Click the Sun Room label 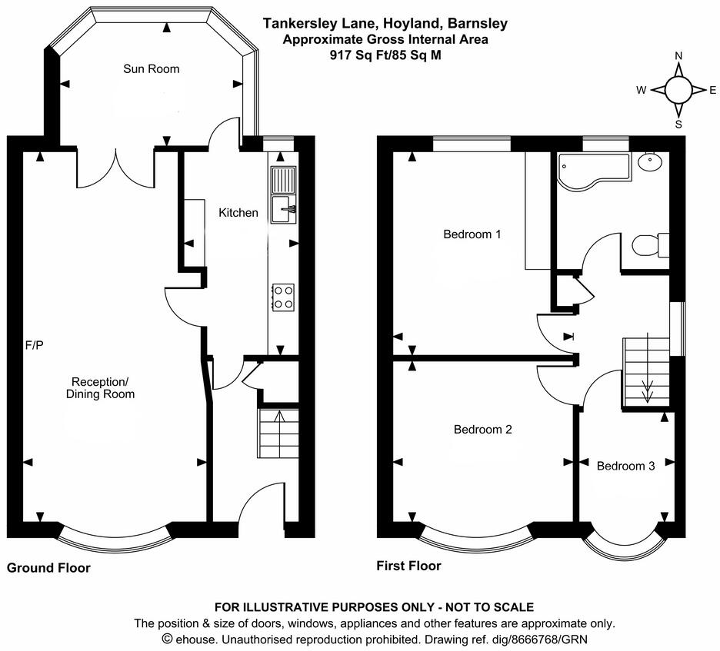(x=152, y=69)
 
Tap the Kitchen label (x=238, y=212)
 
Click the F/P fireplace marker (x=35, y=345)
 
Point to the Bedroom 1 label (x=472, y=234)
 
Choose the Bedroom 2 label (x=482, y=430)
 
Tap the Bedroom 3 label (x=625, y=466)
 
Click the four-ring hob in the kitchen (x=283, y=297)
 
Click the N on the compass (x=678, y=56)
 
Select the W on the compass (x=640, y=90)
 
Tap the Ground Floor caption (x=48, y=569)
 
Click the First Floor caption (x=408, y=566)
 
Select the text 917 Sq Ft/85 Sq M (x=385, y=55)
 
